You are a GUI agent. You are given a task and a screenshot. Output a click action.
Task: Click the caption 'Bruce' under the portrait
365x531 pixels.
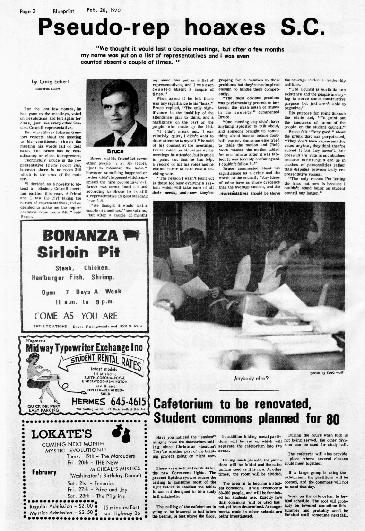pos(115,152)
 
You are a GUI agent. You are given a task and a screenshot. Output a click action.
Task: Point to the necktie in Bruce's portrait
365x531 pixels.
pos(121,141)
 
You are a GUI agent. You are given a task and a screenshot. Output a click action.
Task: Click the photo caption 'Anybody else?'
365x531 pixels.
pos(251,378)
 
